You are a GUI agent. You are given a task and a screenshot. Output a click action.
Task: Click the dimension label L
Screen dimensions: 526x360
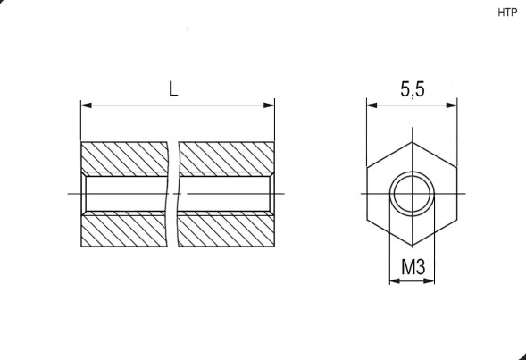click(x=173, y=89)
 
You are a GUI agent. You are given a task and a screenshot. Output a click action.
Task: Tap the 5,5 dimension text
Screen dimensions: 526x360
click(x=413, y=89)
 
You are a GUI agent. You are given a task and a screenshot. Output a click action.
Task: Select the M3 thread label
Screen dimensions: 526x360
click(x=413, y=267)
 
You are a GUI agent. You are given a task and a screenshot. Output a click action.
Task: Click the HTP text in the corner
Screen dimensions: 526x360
click(x=507, y=13)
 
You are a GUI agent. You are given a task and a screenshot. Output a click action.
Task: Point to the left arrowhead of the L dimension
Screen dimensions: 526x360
click(x=87, y=105)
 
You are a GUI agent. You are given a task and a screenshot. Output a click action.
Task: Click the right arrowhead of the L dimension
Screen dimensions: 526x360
click(x=269, y=105)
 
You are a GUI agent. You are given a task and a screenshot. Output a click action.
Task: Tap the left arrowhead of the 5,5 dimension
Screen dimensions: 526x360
click(x=372, y=105)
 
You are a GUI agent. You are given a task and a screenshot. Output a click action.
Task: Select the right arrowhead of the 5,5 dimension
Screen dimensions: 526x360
click(x=451, y=105)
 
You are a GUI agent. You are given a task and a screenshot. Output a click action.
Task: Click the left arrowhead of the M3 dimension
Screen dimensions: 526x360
click(x=395, y=280)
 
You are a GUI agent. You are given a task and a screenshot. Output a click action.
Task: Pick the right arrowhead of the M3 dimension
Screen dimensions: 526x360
click(x=429, y=280)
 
